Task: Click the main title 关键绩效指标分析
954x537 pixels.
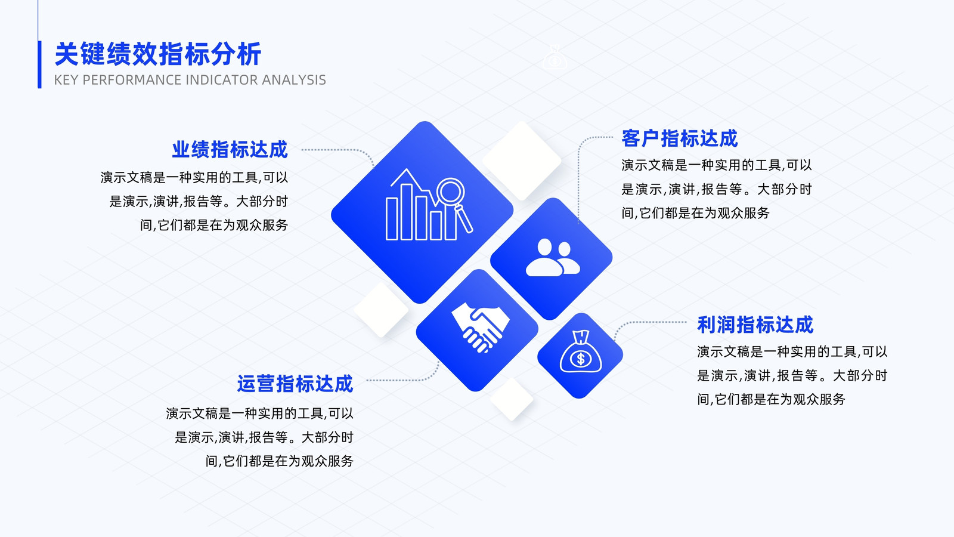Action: click(x=158, y=54)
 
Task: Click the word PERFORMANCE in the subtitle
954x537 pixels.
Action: click(x=131, y=80)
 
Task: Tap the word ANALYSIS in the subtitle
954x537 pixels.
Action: click(x=294, y=80)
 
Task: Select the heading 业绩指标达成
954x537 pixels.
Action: click(x=230, y=150)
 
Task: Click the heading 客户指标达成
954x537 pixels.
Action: click(x=679, y=138)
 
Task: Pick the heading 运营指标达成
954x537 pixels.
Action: click(x=295, y=384)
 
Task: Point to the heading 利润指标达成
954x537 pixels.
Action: click(x=755, y=325)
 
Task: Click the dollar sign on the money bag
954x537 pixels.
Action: click(x=581, y=359)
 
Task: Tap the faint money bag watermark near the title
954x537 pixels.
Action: click(x=555, y=57)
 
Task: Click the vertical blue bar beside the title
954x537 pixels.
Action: click(x=39, y=64)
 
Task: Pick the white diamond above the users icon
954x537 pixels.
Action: click(x=522, y=161)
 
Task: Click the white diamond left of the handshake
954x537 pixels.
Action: click(x=381, y=310)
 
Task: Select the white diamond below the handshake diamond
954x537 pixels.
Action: click(x=512, y=399)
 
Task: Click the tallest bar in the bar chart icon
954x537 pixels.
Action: click(x=406, y=212)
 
